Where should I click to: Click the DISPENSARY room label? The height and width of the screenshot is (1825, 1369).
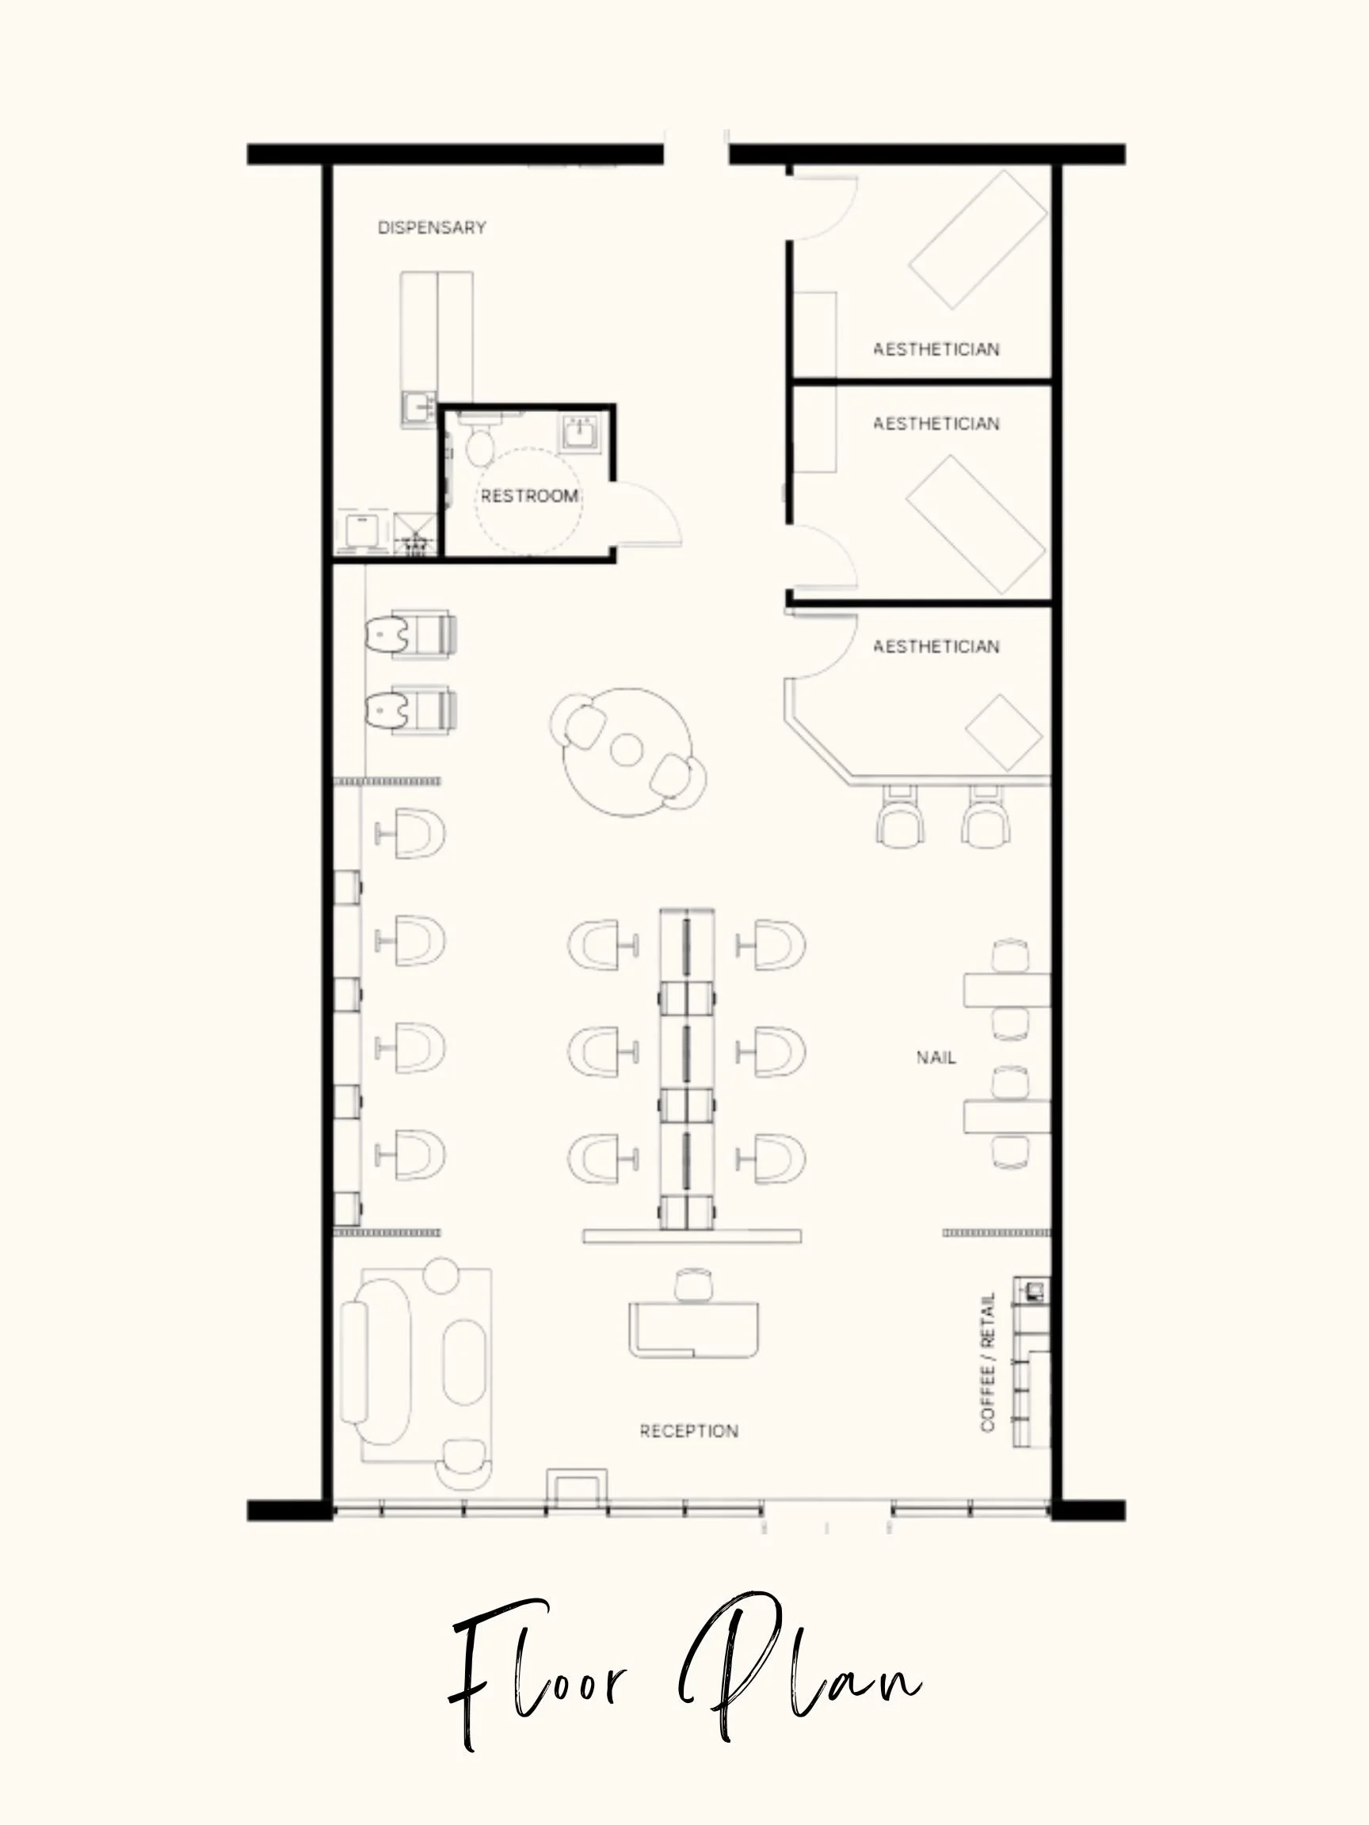coord(432,227)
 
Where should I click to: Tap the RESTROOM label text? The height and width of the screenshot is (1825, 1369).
coord(529,496)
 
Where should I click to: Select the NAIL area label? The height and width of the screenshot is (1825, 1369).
coord(936,1057)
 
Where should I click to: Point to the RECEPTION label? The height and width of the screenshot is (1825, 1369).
coord(689,1431)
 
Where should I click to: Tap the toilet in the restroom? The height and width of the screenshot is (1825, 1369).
coord(479,441)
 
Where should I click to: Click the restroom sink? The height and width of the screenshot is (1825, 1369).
coord(581,433)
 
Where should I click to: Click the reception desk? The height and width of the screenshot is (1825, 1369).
coord(693,1329)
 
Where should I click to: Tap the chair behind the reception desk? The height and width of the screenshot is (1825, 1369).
coord(693,1286)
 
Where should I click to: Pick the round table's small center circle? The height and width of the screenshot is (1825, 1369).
coord(627,750)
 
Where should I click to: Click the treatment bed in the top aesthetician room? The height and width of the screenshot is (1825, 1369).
coord(978,239)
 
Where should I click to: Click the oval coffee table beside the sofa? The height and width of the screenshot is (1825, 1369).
coord(464,1362)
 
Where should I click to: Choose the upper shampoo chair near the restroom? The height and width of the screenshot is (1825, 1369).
coord(412,634)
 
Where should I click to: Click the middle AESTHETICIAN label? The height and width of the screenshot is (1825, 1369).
coord(936,424)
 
